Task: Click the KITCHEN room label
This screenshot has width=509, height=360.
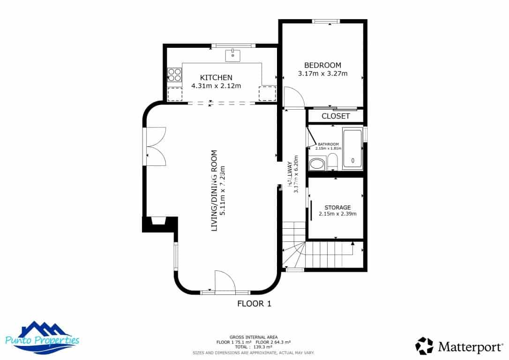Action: point(216,77)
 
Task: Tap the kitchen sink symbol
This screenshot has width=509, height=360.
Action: point(232,55)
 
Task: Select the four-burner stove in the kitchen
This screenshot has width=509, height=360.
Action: point(175,75)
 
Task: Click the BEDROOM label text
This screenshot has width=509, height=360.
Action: point(322,65)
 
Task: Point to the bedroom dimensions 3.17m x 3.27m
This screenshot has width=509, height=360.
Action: point(322,74)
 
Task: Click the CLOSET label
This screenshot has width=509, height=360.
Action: point(336,116)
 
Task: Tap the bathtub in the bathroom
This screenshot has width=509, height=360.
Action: point(352,149)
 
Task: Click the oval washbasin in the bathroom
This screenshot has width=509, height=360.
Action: point(317,164)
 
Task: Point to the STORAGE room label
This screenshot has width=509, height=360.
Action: point(337,207)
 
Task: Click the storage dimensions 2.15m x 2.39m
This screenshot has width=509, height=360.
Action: point(337,214)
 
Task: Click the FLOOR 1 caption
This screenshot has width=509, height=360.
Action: point(254,304)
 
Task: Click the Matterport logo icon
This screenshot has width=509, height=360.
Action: point(424,346)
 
